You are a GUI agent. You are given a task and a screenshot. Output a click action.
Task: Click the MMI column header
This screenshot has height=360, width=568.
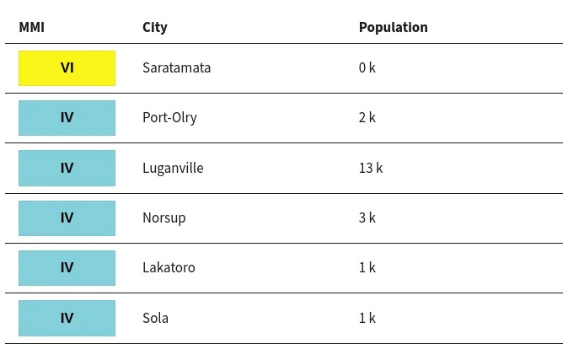[x=31, y=27]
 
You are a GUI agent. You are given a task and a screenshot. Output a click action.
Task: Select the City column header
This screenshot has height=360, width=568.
[x=155, y=28]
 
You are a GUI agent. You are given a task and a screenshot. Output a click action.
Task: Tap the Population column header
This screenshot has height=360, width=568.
[x=393, y=28]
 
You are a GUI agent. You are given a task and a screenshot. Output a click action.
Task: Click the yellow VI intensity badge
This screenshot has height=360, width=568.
[x=67, y=68]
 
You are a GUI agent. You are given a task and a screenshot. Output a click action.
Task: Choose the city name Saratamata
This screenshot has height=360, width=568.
[x=176, y=67]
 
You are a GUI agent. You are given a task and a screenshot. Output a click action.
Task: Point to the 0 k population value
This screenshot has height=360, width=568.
[x=367, y=67]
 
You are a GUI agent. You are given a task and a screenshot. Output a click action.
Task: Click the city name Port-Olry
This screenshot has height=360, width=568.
[x=169, y=118]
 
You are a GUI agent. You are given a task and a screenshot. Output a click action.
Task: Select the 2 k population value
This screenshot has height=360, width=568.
[x=367, y=117]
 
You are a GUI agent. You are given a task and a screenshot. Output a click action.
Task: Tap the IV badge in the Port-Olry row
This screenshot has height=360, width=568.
[x=67, y=118]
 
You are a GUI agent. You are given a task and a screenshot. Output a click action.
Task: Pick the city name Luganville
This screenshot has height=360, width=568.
[x=173, y=169]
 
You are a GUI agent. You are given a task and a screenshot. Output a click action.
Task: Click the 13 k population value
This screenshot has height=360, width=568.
[x=371, y=168]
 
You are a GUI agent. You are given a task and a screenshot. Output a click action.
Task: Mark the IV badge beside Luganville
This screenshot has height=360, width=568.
[x=67, y=169]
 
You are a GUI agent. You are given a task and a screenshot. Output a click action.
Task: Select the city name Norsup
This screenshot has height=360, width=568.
[x=164, y=218]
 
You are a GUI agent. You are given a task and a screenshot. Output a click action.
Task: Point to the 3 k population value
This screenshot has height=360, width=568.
[x=367, y=218]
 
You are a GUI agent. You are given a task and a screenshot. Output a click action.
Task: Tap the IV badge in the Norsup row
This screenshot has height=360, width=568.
[x=67, y=218]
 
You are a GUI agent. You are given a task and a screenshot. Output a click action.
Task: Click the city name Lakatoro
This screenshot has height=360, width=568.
[x=169, y=267]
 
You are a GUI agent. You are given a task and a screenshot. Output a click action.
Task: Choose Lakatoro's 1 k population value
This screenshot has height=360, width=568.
[x=367, y=267]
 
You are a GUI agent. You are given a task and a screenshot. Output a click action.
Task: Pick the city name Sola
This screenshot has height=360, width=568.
[x=155, y=318]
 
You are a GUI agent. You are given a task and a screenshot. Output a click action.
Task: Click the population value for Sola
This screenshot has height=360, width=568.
[x=367, y=318]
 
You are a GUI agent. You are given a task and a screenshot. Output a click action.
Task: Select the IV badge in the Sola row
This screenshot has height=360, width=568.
[x=67, y=318]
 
